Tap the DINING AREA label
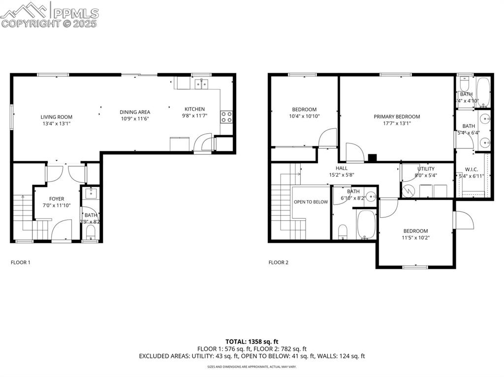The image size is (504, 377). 135,112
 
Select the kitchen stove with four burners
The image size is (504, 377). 226,116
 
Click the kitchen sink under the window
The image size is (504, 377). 201,84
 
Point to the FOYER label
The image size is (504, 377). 57,199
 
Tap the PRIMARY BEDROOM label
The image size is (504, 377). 397,116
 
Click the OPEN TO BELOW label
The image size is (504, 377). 311,202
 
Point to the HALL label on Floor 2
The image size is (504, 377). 342,168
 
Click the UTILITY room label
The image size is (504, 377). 426,169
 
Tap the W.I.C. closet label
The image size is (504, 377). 472,169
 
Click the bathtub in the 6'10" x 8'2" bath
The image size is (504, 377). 366,225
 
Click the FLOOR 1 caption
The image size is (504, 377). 21,262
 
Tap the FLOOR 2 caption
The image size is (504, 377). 279,262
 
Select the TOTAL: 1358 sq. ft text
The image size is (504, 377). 252,341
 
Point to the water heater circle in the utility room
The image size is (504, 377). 408,190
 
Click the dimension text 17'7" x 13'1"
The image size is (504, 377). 397,123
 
